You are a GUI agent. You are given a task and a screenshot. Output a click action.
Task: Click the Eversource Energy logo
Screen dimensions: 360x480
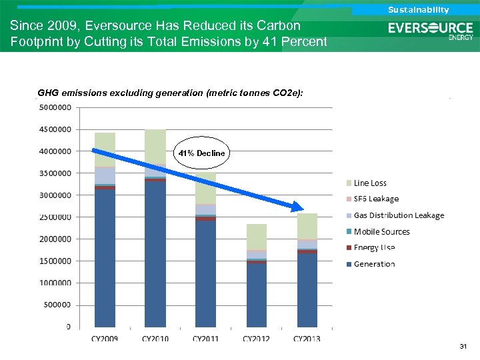click(x=431, y=30)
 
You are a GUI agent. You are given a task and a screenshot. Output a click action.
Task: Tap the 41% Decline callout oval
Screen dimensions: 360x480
click(x=201, y=153)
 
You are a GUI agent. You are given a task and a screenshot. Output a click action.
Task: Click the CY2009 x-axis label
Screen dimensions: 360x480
click(x=105, y=339)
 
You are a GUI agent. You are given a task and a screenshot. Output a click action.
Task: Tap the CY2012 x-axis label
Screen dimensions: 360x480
click(x=256, y=339)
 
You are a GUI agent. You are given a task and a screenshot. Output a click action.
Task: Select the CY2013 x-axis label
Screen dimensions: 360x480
click(x=307, y=339)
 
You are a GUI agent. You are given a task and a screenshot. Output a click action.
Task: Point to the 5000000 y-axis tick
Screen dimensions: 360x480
click(x=56, y=107)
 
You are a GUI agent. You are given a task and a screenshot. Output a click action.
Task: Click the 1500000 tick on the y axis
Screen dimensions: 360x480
click(x=56, y=261)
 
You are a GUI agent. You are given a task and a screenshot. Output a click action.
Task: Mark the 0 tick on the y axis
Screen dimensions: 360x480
click(x=69, y=327)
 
